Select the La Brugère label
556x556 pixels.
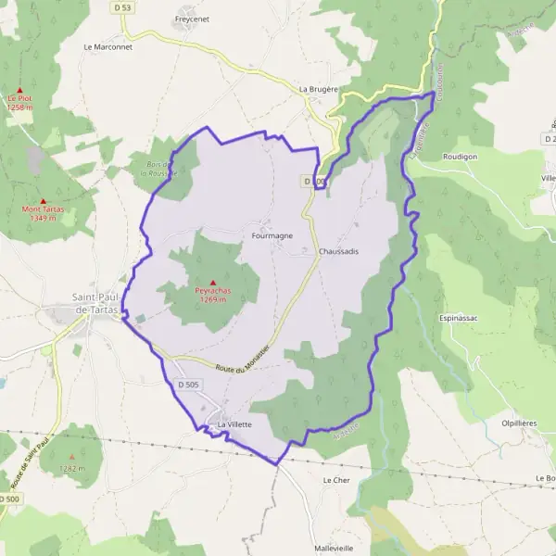pos(318,89)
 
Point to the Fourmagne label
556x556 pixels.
pos(272,235)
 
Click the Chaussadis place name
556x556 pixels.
pos(338,251)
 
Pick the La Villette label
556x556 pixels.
pos(234,424)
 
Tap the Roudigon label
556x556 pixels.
pos(460,157)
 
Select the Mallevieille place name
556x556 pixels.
pos(335,548)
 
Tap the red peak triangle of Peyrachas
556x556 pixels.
pos(212,283)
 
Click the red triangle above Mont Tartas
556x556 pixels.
pos(43,200)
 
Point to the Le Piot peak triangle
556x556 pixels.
pos(19,89)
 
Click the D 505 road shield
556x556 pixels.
pos(187,384)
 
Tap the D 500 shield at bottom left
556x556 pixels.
pos(8,499)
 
